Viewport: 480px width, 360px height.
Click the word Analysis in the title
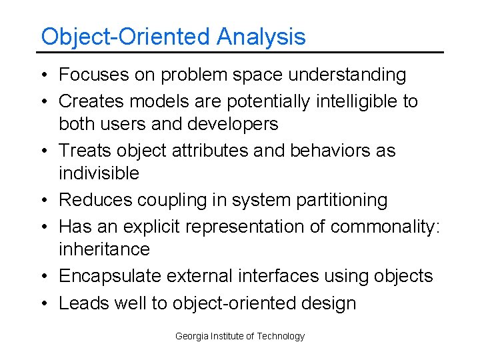[x=261, y=37]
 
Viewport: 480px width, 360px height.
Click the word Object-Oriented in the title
[x=126, y=37]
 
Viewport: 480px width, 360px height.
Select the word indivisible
[x=99, y=173]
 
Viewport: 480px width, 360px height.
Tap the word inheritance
[x=104, y=249]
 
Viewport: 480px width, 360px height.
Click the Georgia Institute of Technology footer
[x=240, y=336]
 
